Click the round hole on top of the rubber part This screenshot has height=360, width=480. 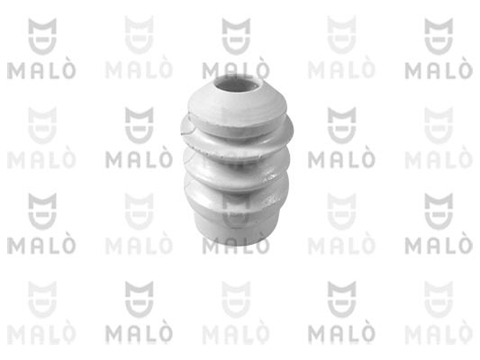tap(238, 83)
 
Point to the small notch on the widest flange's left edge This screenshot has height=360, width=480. tap(185, 132)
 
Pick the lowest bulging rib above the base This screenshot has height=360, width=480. tap(236, 197)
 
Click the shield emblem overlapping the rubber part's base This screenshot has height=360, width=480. tap(236, 211)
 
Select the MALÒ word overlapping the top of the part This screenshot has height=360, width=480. tap(236, 70)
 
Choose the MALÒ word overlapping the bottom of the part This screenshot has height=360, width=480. tap(236, 246)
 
